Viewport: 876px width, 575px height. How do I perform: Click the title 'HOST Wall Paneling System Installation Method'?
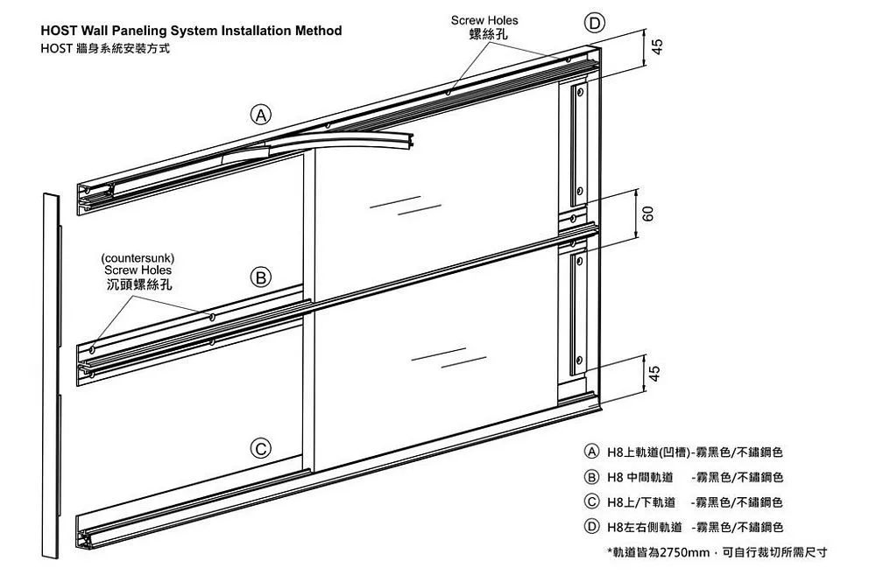(x=191, y=31)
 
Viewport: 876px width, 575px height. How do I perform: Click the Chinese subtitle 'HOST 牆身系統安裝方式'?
(x=105, y=48)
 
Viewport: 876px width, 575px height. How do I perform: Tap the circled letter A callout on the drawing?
(x=260, y=113)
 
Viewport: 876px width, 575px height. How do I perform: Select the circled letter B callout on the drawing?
(x=260, y=278)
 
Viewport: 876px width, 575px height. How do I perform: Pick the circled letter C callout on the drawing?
(x=260, y=449)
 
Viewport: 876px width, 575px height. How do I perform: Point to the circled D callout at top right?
(x=594, y=23)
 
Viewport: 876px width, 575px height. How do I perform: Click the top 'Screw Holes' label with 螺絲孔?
(x=484, y=26)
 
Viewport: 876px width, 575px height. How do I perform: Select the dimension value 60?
(x=649, y=213)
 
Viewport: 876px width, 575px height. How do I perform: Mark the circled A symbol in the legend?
(x=592, y=452)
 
